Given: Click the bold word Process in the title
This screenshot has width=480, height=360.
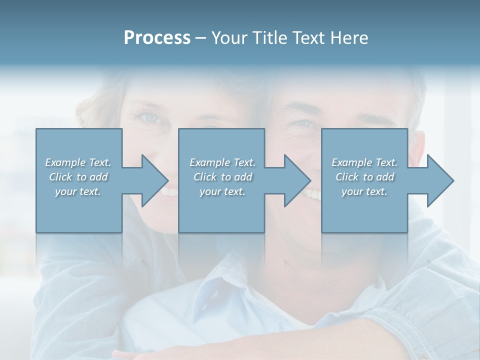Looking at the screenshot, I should coord(157,38).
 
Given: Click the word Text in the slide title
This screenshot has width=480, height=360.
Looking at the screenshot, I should coord(308,38).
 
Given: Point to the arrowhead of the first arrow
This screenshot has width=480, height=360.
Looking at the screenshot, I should coord(155,180).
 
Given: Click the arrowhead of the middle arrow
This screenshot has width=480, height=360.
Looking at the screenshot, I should coord(298,180).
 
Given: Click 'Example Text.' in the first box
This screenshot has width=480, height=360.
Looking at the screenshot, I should coord(78,162).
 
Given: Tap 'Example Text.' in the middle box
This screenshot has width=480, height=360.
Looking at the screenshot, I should coord(222,162).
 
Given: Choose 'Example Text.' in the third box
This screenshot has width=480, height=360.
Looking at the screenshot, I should coord(364,162).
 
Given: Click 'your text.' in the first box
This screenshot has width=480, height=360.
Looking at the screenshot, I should coord(78,191).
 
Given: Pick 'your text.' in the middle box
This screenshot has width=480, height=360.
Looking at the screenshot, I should coord(222,191).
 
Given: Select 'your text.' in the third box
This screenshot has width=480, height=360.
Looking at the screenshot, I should coord(364,191).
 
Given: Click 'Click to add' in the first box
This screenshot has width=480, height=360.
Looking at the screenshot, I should coord(78,177).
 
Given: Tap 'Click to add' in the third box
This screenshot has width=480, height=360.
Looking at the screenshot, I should coord(364,177).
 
